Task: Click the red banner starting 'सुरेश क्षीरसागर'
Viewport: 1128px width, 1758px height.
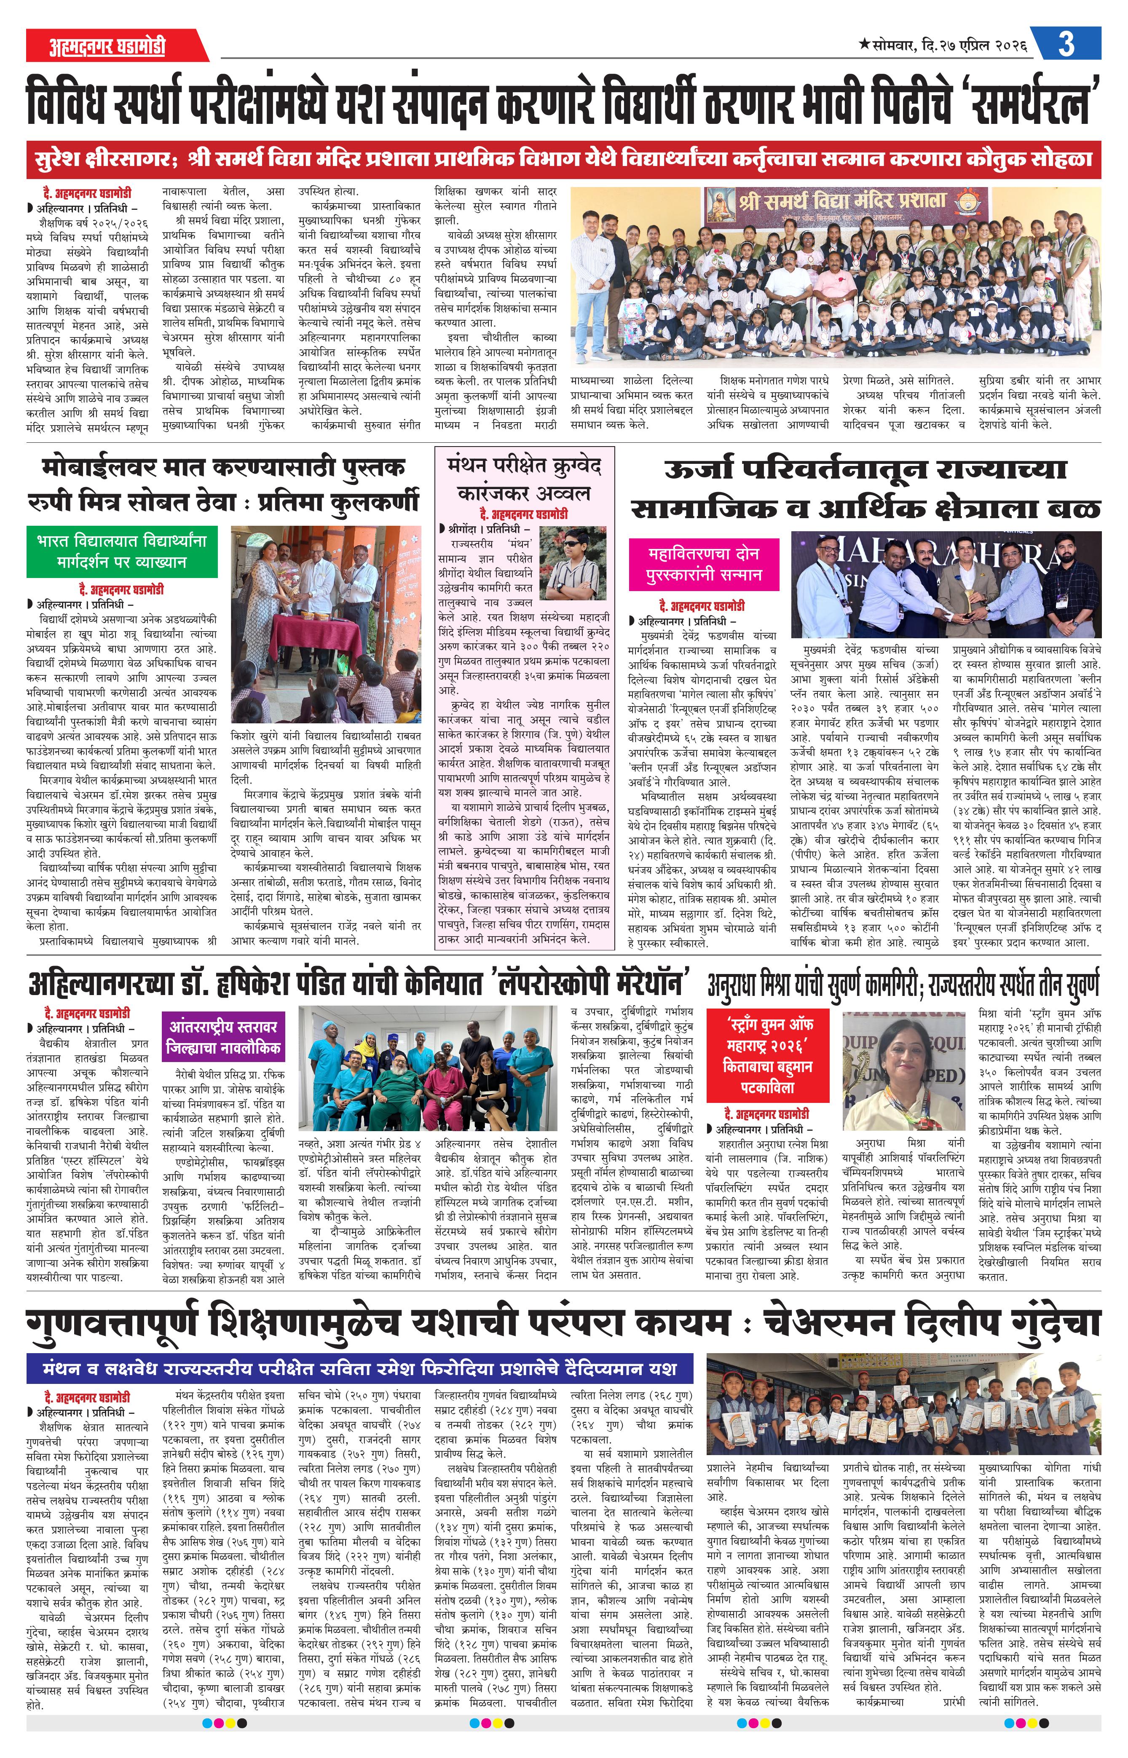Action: tap(563, 159)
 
